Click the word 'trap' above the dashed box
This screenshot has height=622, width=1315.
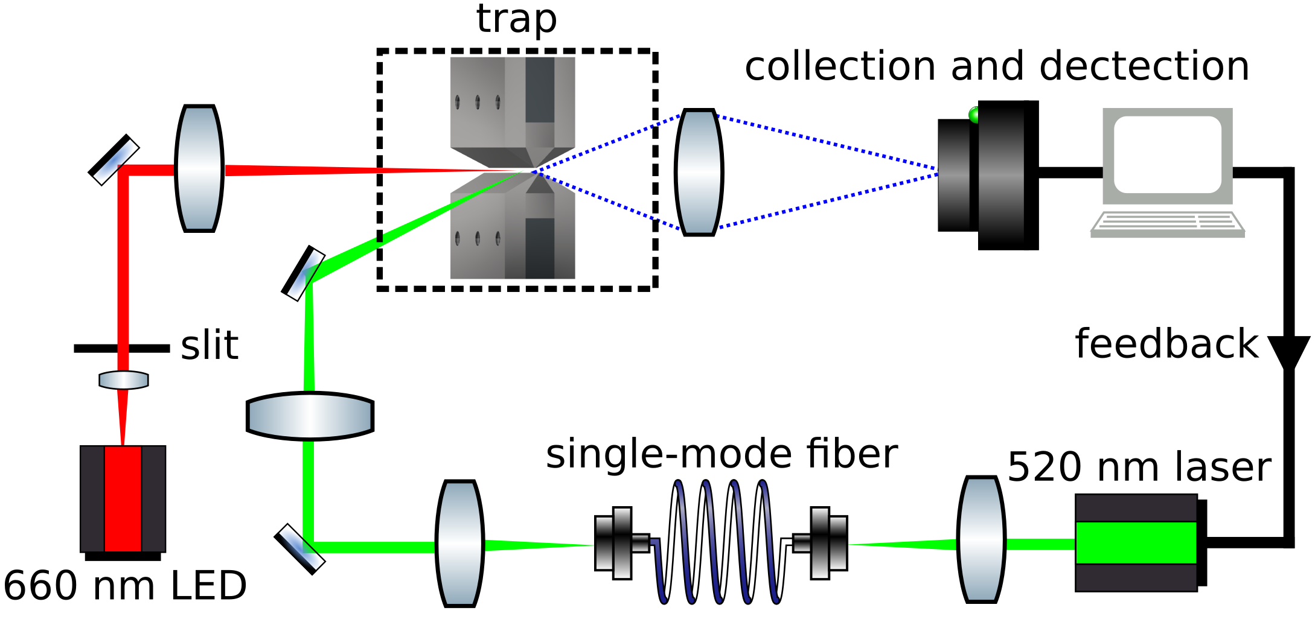pos(516,19)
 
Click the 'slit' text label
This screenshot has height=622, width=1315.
pos(210,346)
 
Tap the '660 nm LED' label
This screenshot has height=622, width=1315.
pos(125,586)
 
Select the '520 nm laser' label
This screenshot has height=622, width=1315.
pos(1139,468)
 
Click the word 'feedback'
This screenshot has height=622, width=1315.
pos(1166,344)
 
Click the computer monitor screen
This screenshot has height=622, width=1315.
pos(1167,154)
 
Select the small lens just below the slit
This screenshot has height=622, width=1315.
pos(124,380)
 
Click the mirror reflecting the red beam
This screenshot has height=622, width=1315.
pos(114,160)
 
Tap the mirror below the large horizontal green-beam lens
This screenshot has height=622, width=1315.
pos(300,549)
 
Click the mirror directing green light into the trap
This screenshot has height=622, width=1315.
pos(304,273)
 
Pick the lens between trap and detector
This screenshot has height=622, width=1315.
pos(699,172)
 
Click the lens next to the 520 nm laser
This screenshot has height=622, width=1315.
pos(981,540)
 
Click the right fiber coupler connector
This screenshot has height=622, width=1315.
pos(822,543)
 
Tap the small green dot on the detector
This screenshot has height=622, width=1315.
pos(973,114)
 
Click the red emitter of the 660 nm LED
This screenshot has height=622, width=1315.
pos(123,498)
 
